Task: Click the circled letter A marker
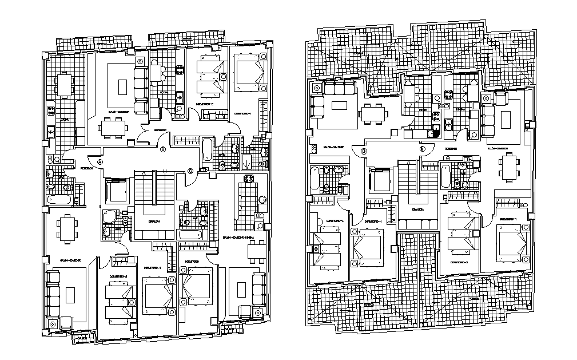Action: click(100, 162)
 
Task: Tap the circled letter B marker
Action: click(163, 151)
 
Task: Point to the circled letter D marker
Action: click(364, 152)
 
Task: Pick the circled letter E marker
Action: click(423, 149)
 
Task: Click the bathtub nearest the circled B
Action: click(206, 151)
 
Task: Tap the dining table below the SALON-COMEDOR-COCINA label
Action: click(256, 250)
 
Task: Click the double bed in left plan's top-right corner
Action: click(248, 71)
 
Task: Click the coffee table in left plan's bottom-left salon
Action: click(70, 295)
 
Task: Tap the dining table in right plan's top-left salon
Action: click(372, 113)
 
